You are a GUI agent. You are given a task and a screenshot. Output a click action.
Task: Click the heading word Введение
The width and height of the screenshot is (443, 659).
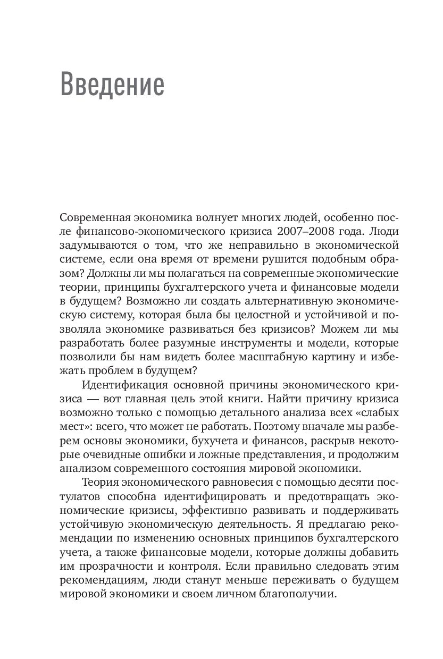click(112, 83)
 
